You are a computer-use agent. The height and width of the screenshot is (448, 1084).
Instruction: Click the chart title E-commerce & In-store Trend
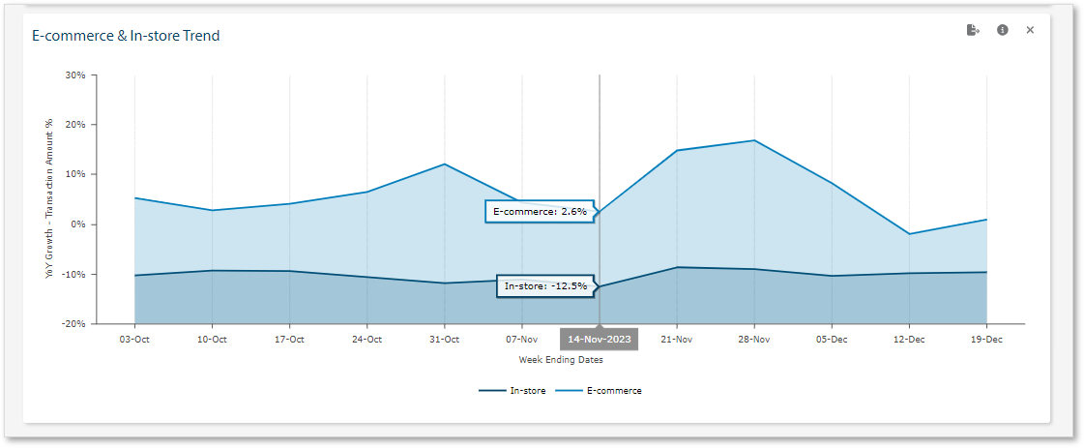(127, 36)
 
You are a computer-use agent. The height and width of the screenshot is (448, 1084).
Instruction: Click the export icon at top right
(973, 30)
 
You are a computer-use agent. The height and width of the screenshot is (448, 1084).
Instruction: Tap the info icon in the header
(1003, 30)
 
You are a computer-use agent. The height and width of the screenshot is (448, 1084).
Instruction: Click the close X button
(1030, 30)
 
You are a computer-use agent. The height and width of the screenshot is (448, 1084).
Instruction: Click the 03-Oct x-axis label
(134, 340)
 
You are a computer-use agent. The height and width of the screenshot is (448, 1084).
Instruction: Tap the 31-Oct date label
(444, 340)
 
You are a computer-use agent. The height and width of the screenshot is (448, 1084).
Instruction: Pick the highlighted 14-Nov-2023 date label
(599, 340)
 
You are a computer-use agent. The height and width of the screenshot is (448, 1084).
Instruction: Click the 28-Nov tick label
(753, 340)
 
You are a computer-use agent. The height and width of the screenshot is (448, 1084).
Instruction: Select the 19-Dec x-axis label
(985, 340)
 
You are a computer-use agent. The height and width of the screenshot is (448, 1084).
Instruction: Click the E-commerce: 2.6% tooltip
(540, 211)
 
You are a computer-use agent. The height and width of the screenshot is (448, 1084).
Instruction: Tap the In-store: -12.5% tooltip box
(544, 286)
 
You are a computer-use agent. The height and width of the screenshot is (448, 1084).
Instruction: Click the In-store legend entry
(513, 391)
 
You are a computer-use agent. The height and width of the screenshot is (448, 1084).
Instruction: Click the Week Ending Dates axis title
(561, 360)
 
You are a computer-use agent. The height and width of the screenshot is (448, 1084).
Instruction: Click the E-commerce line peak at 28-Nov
(753, 140)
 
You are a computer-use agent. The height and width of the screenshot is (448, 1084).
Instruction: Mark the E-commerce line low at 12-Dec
(909, 234)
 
